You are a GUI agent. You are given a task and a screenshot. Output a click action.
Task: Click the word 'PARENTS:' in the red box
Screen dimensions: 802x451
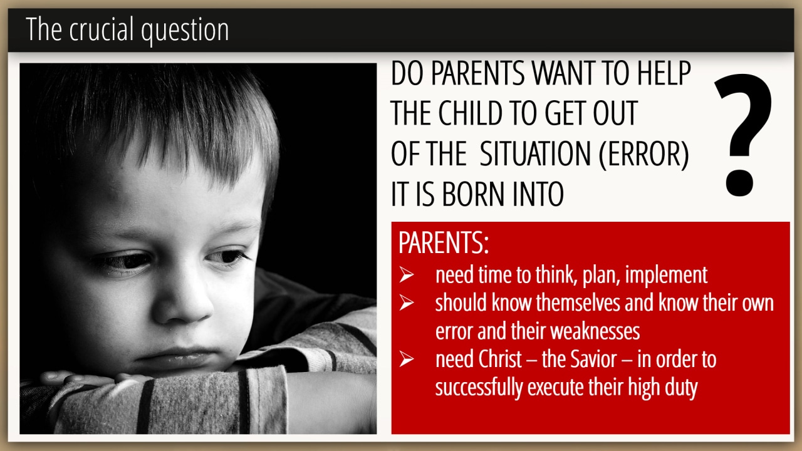coord(444,242)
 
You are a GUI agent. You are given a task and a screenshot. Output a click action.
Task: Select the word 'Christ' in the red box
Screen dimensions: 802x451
coord(500,359)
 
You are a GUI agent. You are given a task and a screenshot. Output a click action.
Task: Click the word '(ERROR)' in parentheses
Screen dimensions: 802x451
coord(643,154)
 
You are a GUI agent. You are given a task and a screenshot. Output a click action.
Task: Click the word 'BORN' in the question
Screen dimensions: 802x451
coord(474,194)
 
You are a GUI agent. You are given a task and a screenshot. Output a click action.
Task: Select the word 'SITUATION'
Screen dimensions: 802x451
coord(535,153)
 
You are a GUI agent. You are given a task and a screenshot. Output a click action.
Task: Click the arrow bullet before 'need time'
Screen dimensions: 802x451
coord(407,275)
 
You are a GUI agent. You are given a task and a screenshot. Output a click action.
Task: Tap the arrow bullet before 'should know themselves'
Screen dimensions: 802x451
coord(407,303)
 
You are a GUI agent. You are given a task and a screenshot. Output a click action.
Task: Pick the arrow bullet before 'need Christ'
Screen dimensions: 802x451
coord(407,359)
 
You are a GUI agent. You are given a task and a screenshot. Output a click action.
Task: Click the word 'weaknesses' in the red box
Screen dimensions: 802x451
coord(595,331)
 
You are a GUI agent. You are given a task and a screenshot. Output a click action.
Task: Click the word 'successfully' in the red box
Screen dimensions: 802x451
coord(479,388)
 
